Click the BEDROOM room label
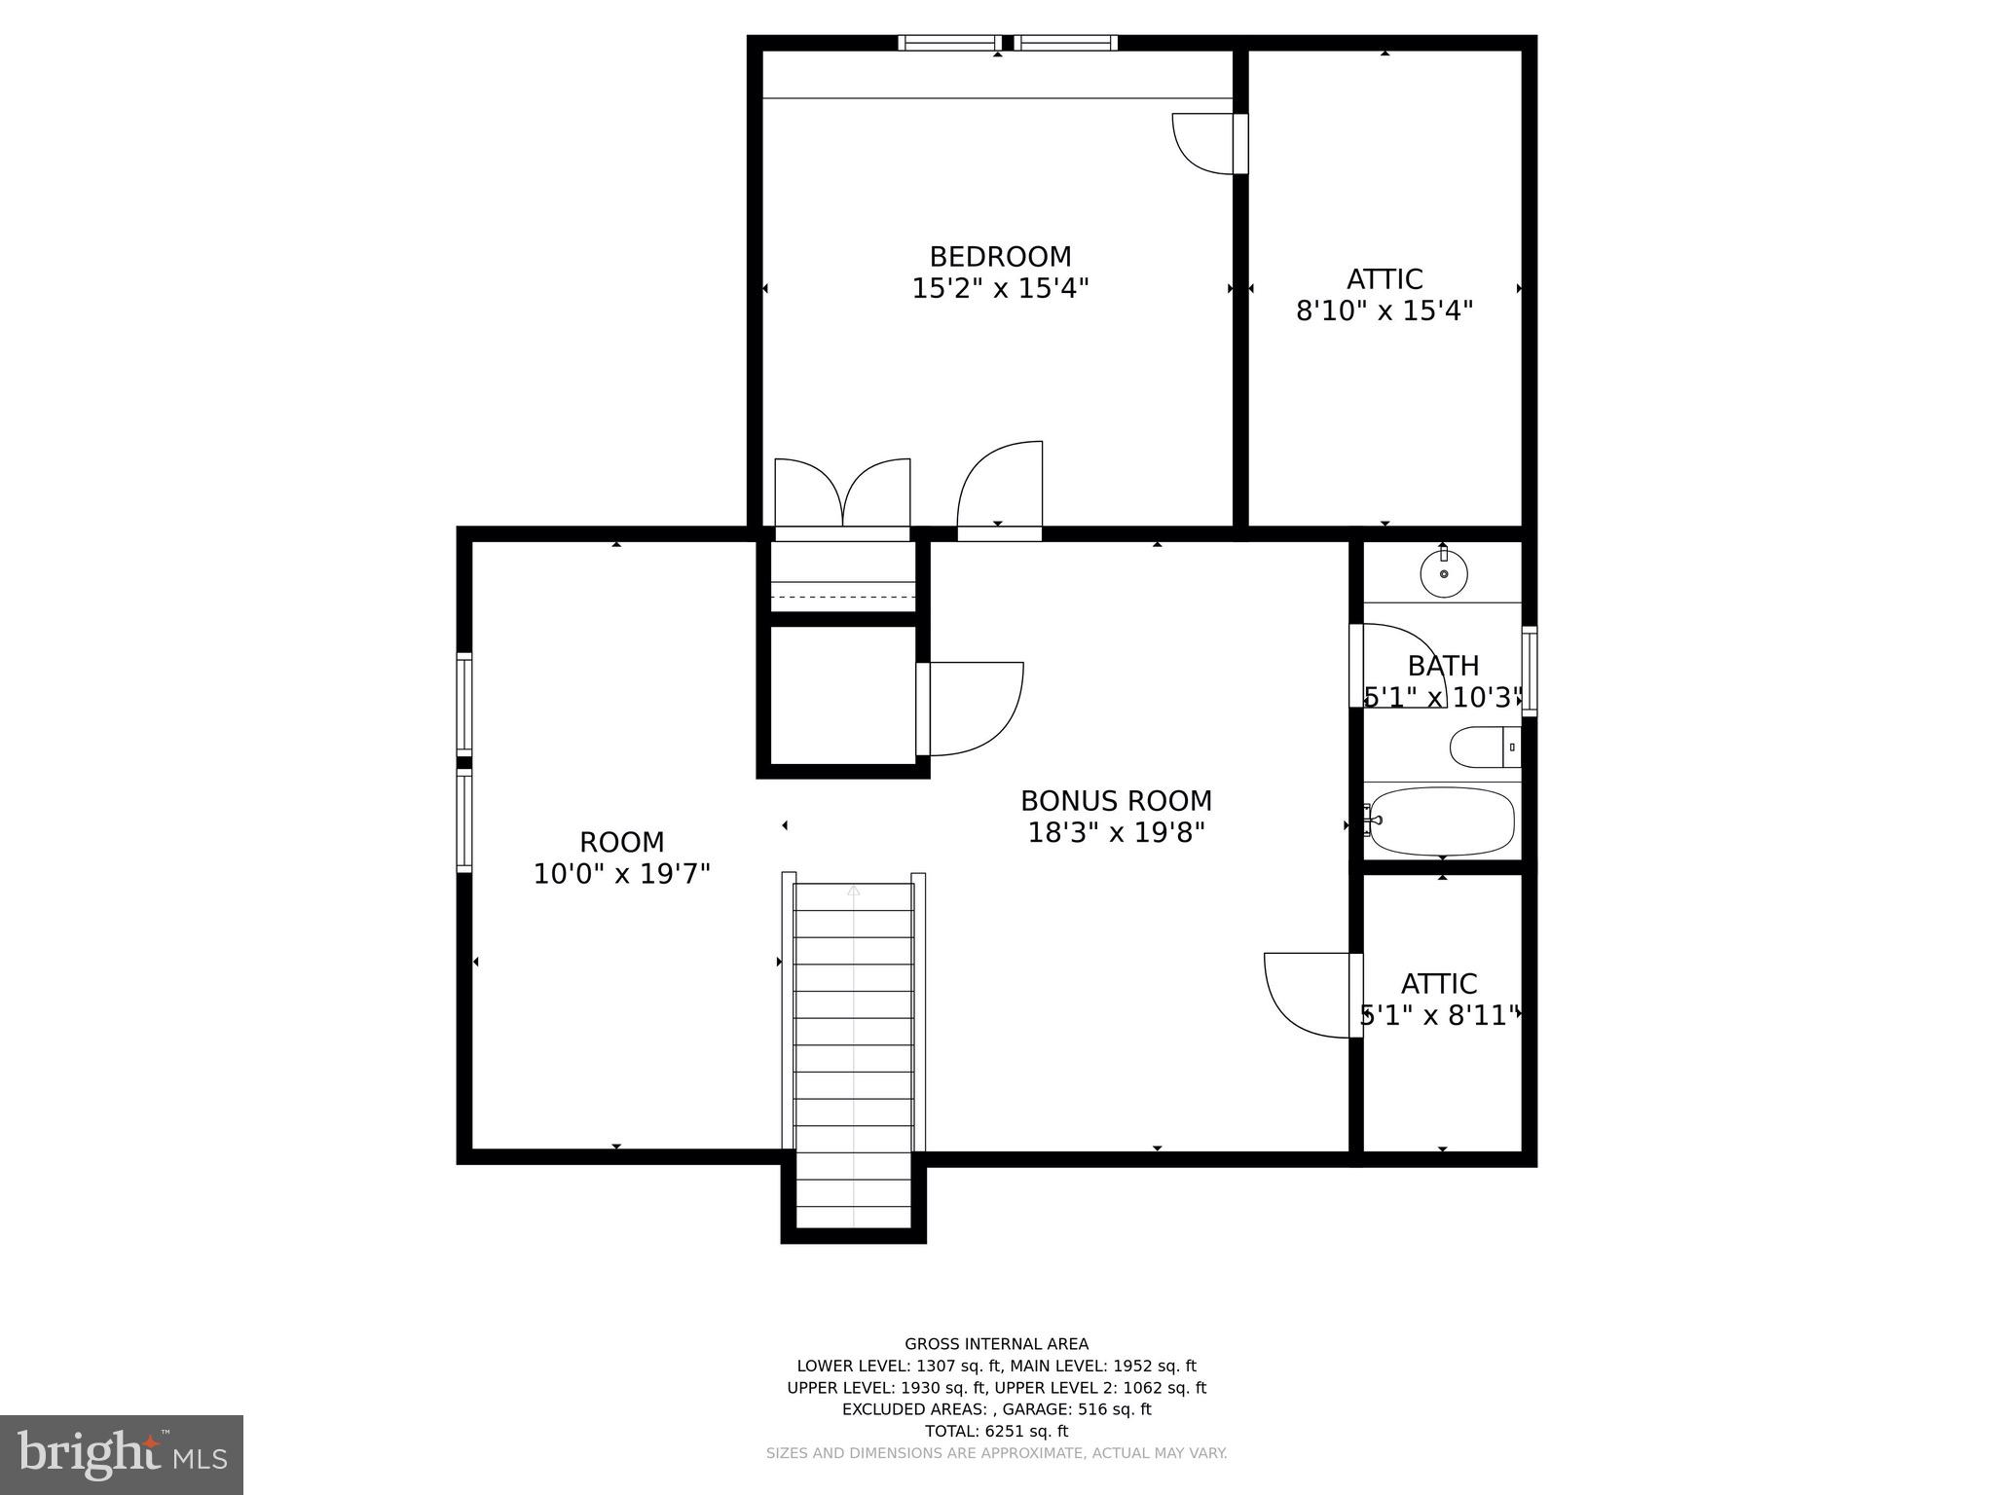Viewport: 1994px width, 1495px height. click(x=1000, y=257)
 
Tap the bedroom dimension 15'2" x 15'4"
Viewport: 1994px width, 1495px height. click(x=1000, y=289)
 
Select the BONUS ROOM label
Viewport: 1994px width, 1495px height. click(x=1116, y=801)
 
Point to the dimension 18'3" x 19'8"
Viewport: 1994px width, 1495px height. click(x=1116, y=833)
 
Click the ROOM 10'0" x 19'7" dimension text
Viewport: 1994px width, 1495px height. click(x=621, y=874)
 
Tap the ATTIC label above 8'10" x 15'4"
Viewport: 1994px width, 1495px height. click(x=1384, y=279)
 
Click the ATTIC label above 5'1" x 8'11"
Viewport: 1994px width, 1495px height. click(x=1438, y=984)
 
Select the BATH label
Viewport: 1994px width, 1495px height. click(x=1443, y=667)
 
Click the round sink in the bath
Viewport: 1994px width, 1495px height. click(x=1443, y=573)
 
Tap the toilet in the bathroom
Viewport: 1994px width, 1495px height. click(x=1482, y=747)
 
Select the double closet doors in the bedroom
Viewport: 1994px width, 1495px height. click(x=842, y=496)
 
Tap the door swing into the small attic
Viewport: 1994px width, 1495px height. click(x=1310, y=995)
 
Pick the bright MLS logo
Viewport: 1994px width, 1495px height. click(x=122, y=1454)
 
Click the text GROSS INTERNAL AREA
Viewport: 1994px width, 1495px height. click(x=996, y=1344)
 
